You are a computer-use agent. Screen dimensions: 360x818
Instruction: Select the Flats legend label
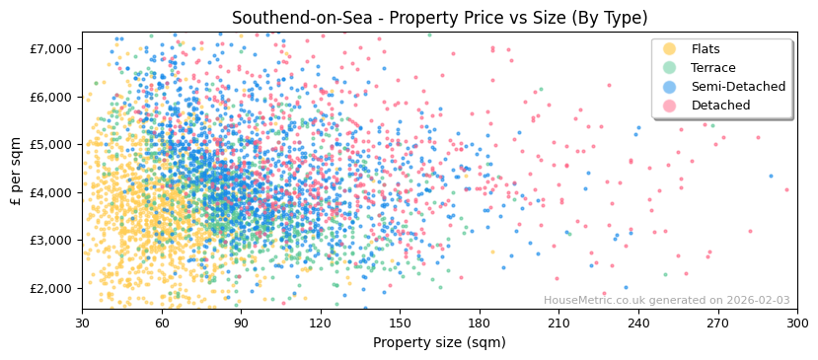click(706, 49)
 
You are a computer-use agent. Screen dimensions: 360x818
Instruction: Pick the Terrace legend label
click(713, 68)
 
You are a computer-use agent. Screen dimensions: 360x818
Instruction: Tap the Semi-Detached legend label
click(738, 87)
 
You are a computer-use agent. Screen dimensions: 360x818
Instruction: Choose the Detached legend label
click(720, 106)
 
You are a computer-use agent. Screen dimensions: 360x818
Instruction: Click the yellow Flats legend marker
click(670, 49)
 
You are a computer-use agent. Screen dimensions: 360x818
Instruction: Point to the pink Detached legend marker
click(670, 106)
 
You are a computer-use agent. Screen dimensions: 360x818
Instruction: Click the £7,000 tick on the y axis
click(50, 48)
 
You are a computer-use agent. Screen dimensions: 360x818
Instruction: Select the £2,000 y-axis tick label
click(50, 288)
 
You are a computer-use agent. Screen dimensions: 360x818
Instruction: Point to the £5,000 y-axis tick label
click(50, 144)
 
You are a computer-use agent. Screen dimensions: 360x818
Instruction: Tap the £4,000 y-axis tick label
click(50, 192)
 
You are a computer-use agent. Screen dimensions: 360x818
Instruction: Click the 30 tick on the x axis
click(82, 323)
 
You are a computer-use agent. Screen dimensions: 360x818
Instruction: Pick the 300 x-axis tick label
click(797, 323)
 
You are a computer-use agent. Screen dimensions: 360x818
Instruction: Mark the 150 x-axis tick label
click(400, 323)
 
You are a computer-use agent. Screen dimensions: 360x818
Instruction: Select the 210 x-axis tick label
click(558, 323)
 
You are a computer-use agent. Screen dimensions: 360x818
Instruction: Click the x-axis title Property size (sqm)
click(439, 342)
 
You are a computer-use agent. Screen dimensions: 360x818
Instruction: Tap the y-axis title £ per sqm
click(16, 171)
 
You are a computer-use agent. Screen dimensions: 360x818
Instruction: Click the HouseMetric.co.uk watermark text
click(666, 301)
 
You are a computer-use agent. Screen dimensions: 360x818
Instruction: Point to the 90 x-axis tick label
click(241, 323)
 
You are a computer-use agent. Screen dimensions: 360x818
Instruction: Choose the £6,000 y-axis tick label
click(50, 97)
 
